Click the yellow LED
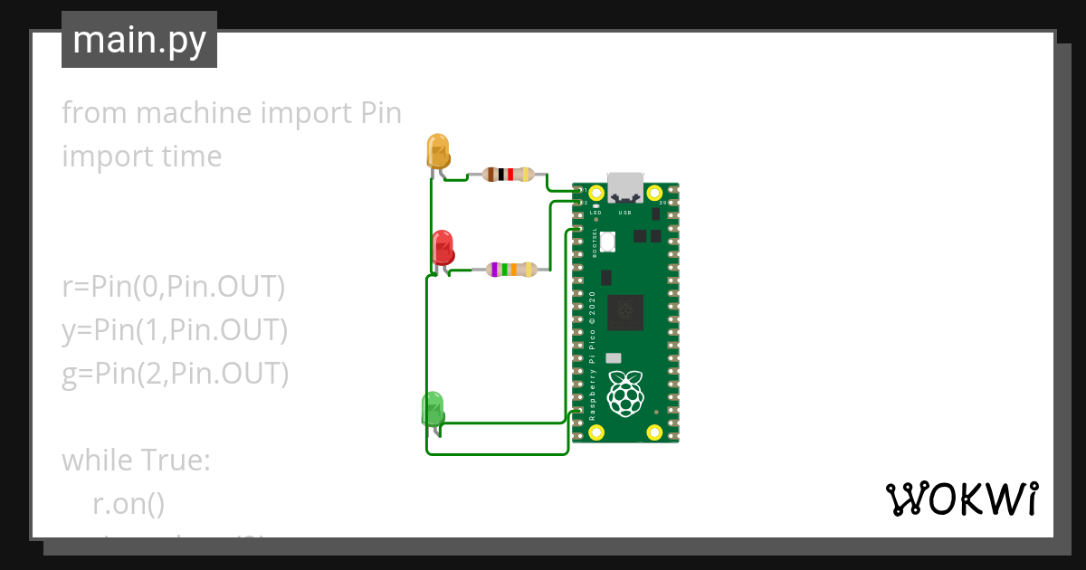(438, 151)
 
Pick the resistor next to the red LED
(511, 269)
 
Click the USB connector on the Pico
(624, 187)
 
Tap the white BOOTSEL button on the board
(606, 242)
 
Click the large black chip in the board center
(624, 312)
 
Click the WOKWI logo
(961, 499)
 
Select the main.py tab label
(139, 40)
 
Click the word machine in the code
(193, 113)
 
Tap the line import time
(142, 157)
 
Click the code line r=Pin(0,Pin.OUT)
(174, 287)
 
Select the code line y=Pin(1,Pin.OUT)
(175, 330)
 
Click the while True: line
(136, 461)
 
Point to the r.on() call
(129, 504)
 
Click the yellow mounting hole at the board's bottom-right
(653, 432)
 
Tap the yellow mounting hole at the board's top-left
(595, 193)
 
